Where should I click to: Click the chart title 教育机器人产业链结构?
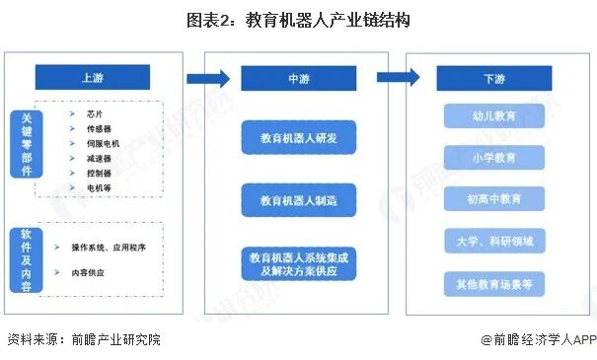(x=297, y=19)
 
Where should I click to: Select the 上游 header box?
(x=93, y=78)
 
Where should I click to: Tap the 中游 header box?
(x=299, y=79)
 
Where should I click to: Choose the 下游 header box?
(x=493, y=78)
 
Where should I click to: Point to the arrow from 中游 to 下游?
(x=399, y=78)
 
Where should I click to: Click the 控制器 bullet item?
(x=99, y=172)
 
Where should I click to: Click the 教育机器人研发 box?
(x=299, y=138)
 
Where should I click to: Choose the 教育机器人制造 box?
(x=299, y=200)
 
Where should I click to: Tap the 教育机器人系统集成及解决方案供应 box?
(x=299, y=262)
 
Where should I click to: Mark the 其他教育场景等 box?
(x=493, y=284)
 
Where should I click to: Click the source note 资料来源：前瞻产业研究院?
(x=84, y=340)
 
